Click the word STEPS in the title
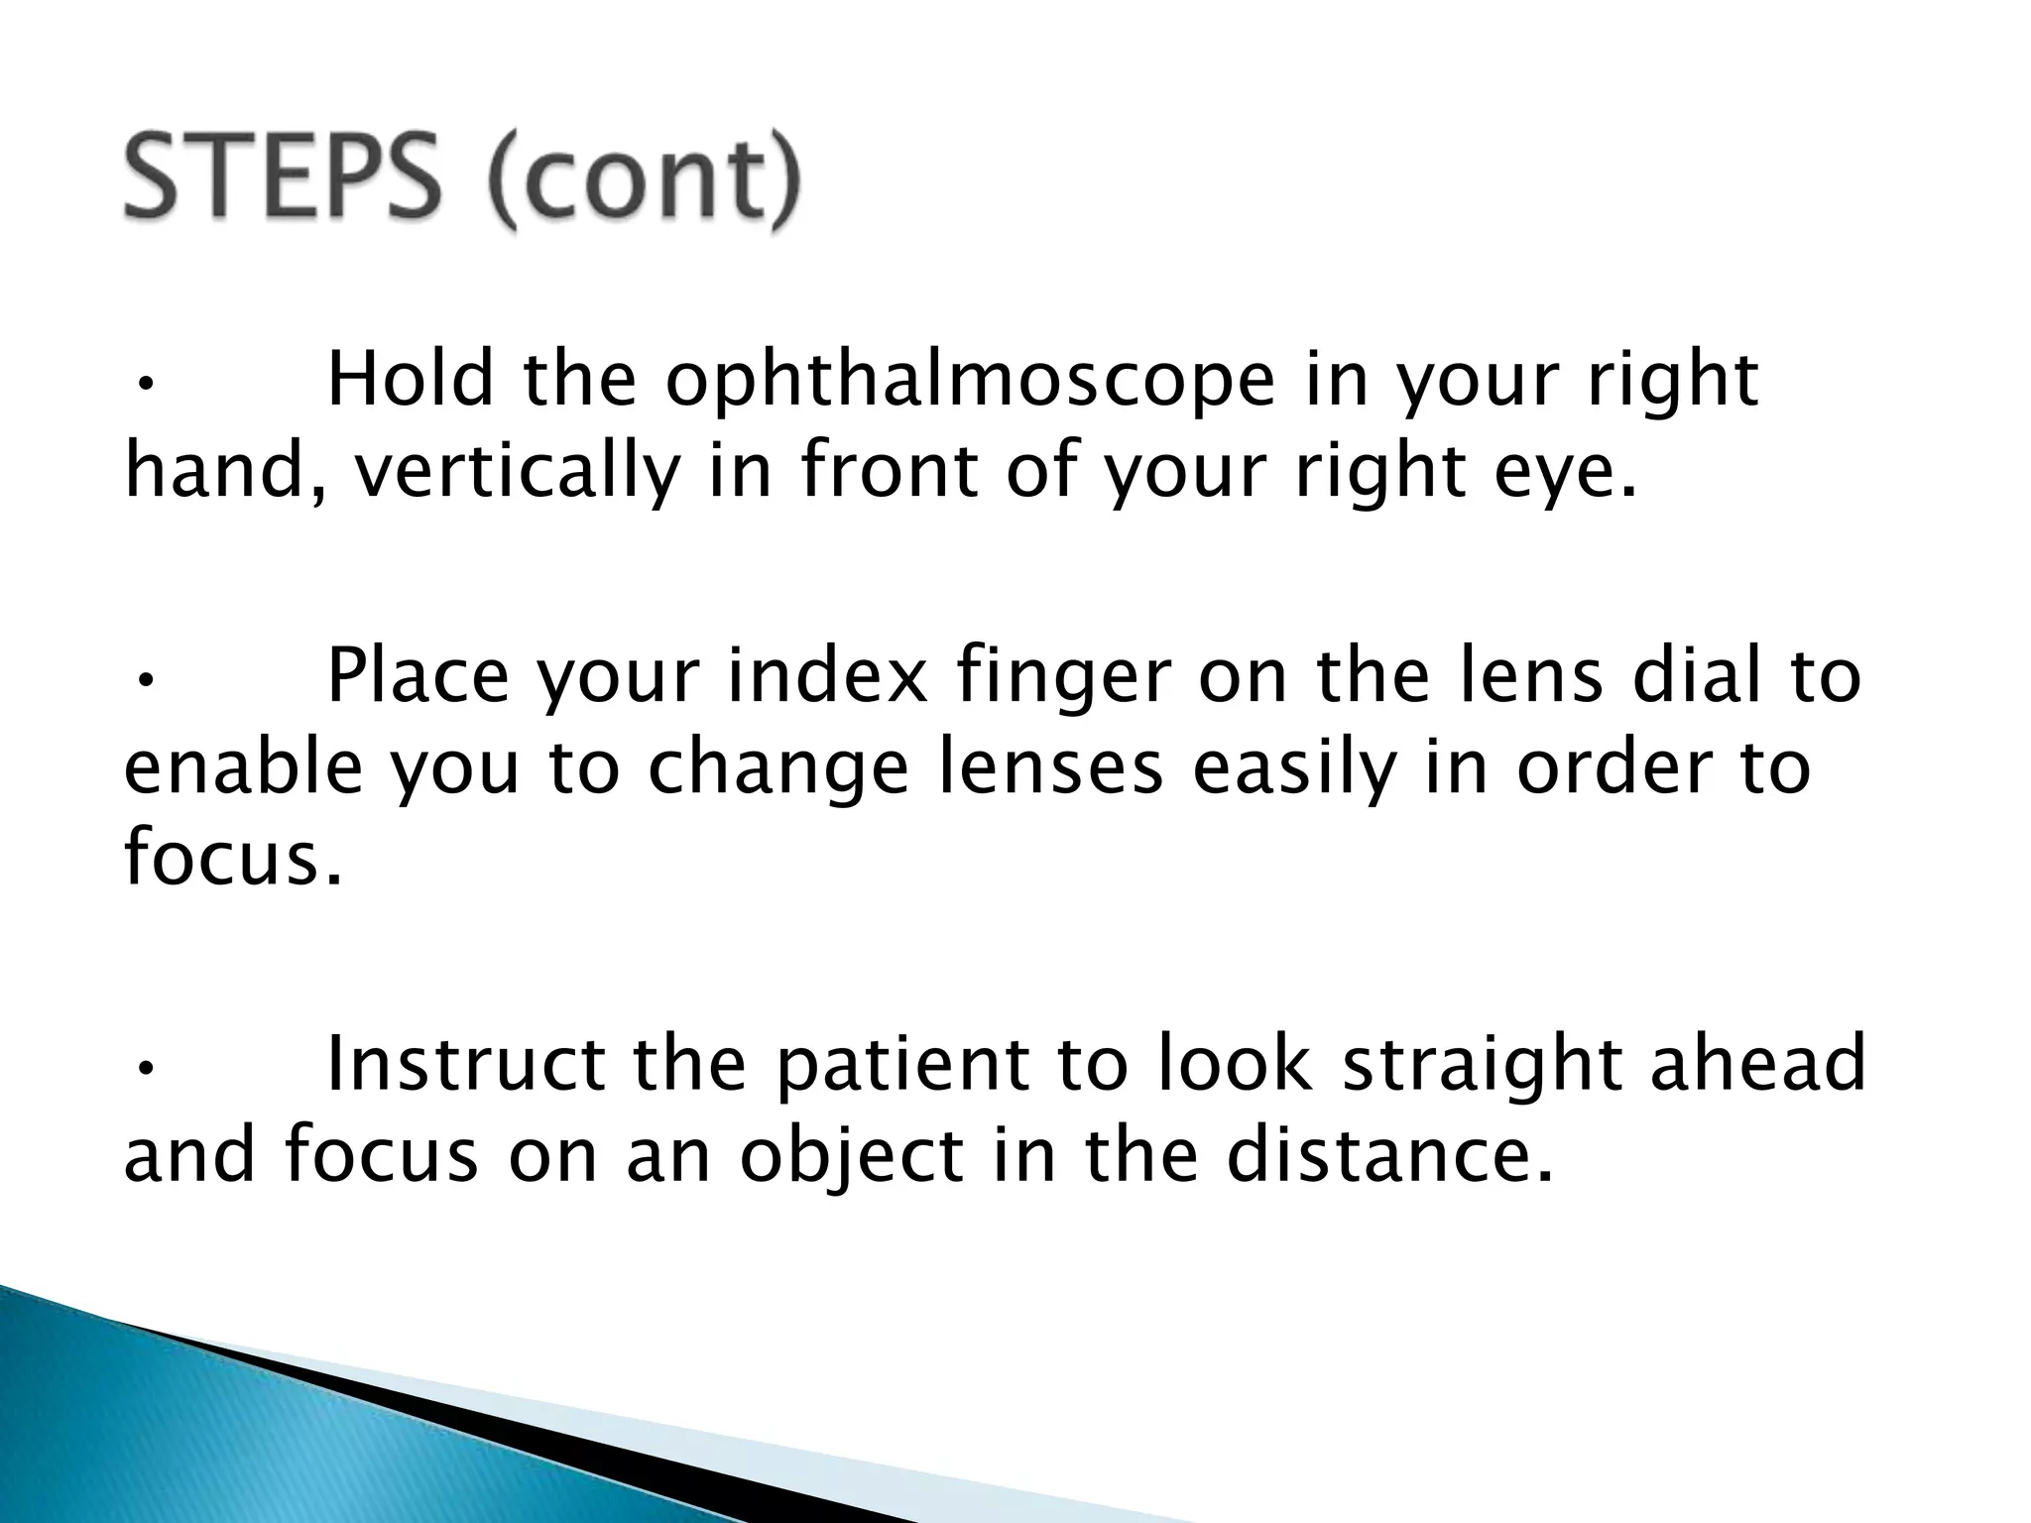279,181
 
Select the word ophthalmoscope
969,382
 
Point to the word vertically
516,473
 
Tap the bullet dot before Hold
144,387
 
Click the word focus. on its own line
234,858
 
